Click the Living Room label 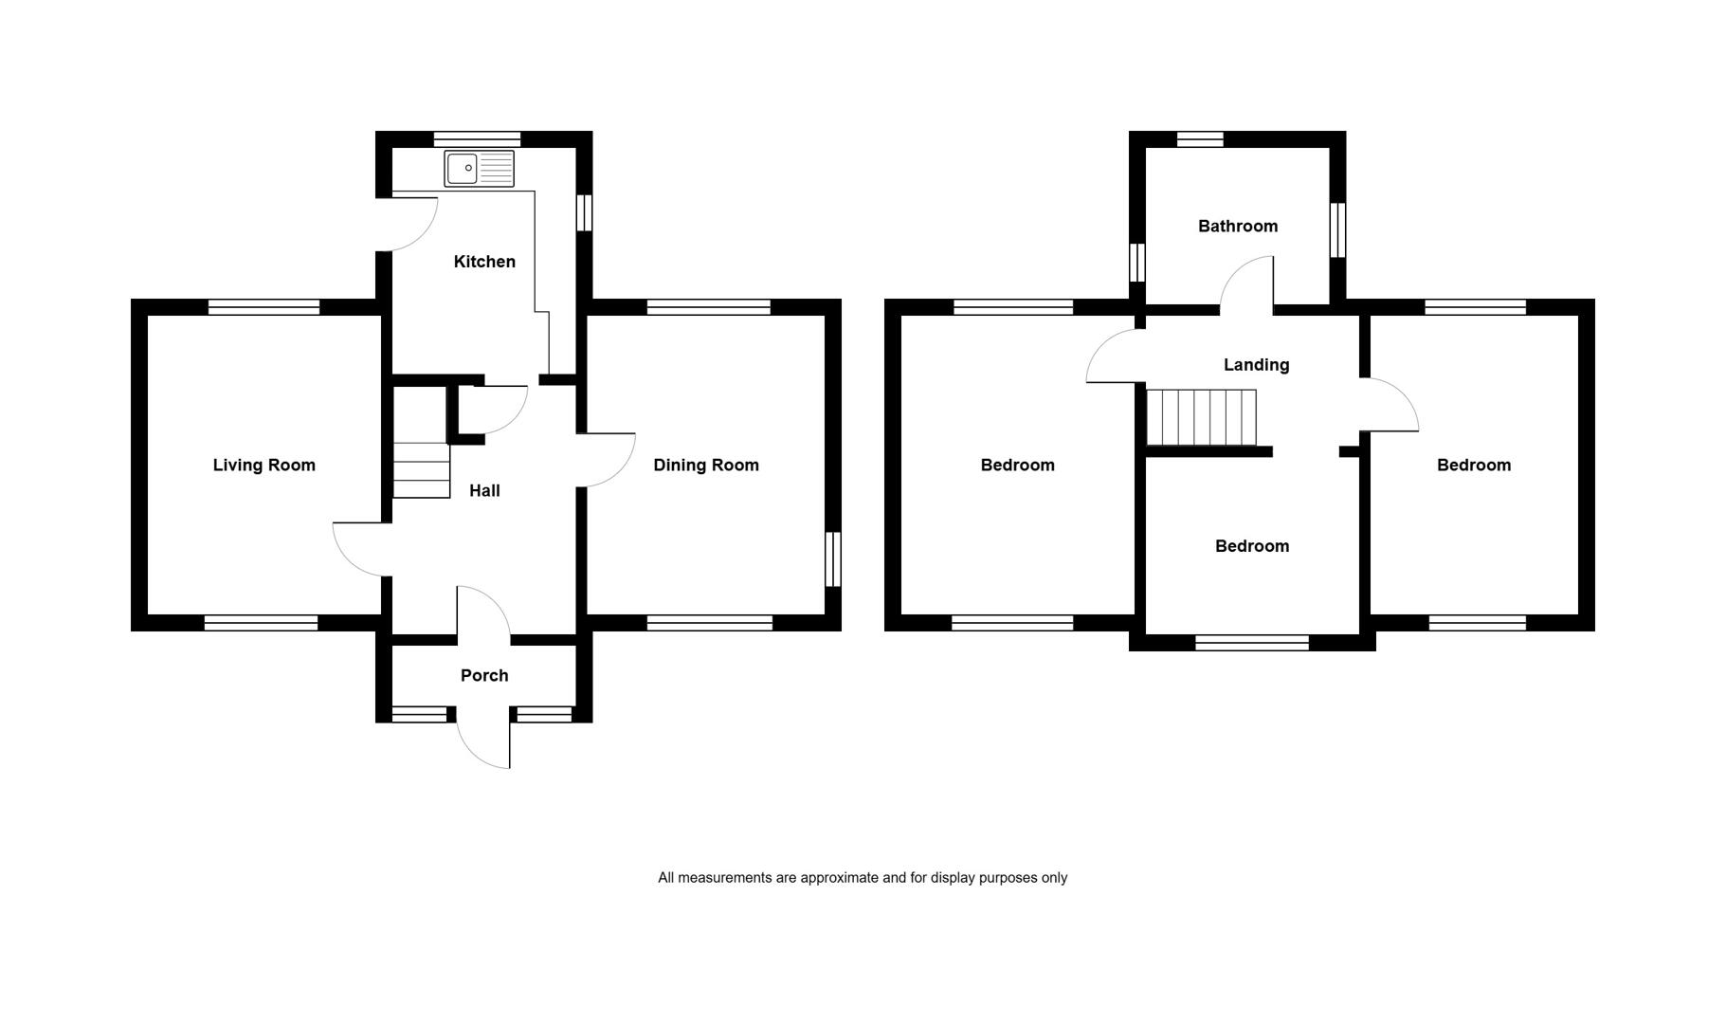(x=263, y=465)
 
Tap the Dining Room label (x=706, y=465)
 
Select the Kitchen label (x=484, y=262)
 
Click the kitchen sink (x=480, y=169)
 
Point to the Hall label (x=484, y=490)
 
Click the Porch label (x=484, y=675)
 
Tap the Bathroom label (x=1238, y=226)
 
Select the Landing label (x=1256, y=364)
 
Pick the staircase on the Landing (x=1201, y=417)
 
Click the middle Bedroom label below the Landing (x=1252, y=546)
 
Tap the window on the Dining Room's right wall (x=833, y=559)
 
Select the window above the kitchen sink (x=478, y=138)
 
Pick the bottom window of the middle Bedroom (x=1252, y=643)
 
